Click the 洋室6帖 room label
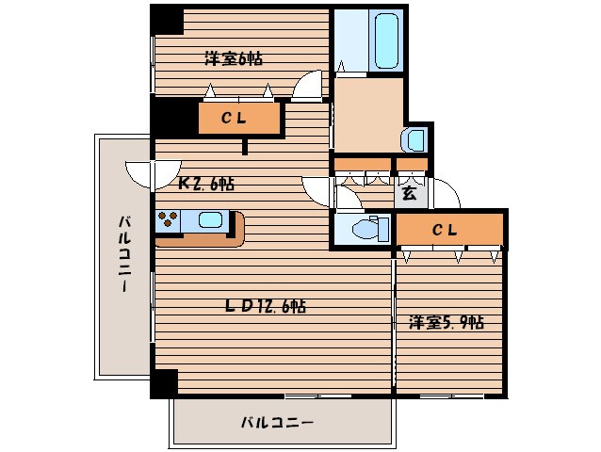pos(234,58)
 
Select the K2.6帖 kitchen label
pos(206,183)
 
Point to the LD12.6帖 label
pos(265,305)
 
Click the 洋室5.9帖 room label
pos(446,322)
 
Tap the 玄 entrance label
pos(410,194)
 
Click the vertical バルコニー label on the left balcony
pos(123,254)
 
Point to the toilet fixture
pos(362,228)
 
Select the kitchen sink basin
pos(210,221)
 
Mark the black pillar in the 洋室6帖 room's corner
pos(167,20)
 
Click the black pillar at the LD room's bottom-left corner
pos(164,383)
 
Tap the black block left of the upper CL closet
pos(174,118)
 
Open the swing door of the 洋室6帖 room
pos(308,87)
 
